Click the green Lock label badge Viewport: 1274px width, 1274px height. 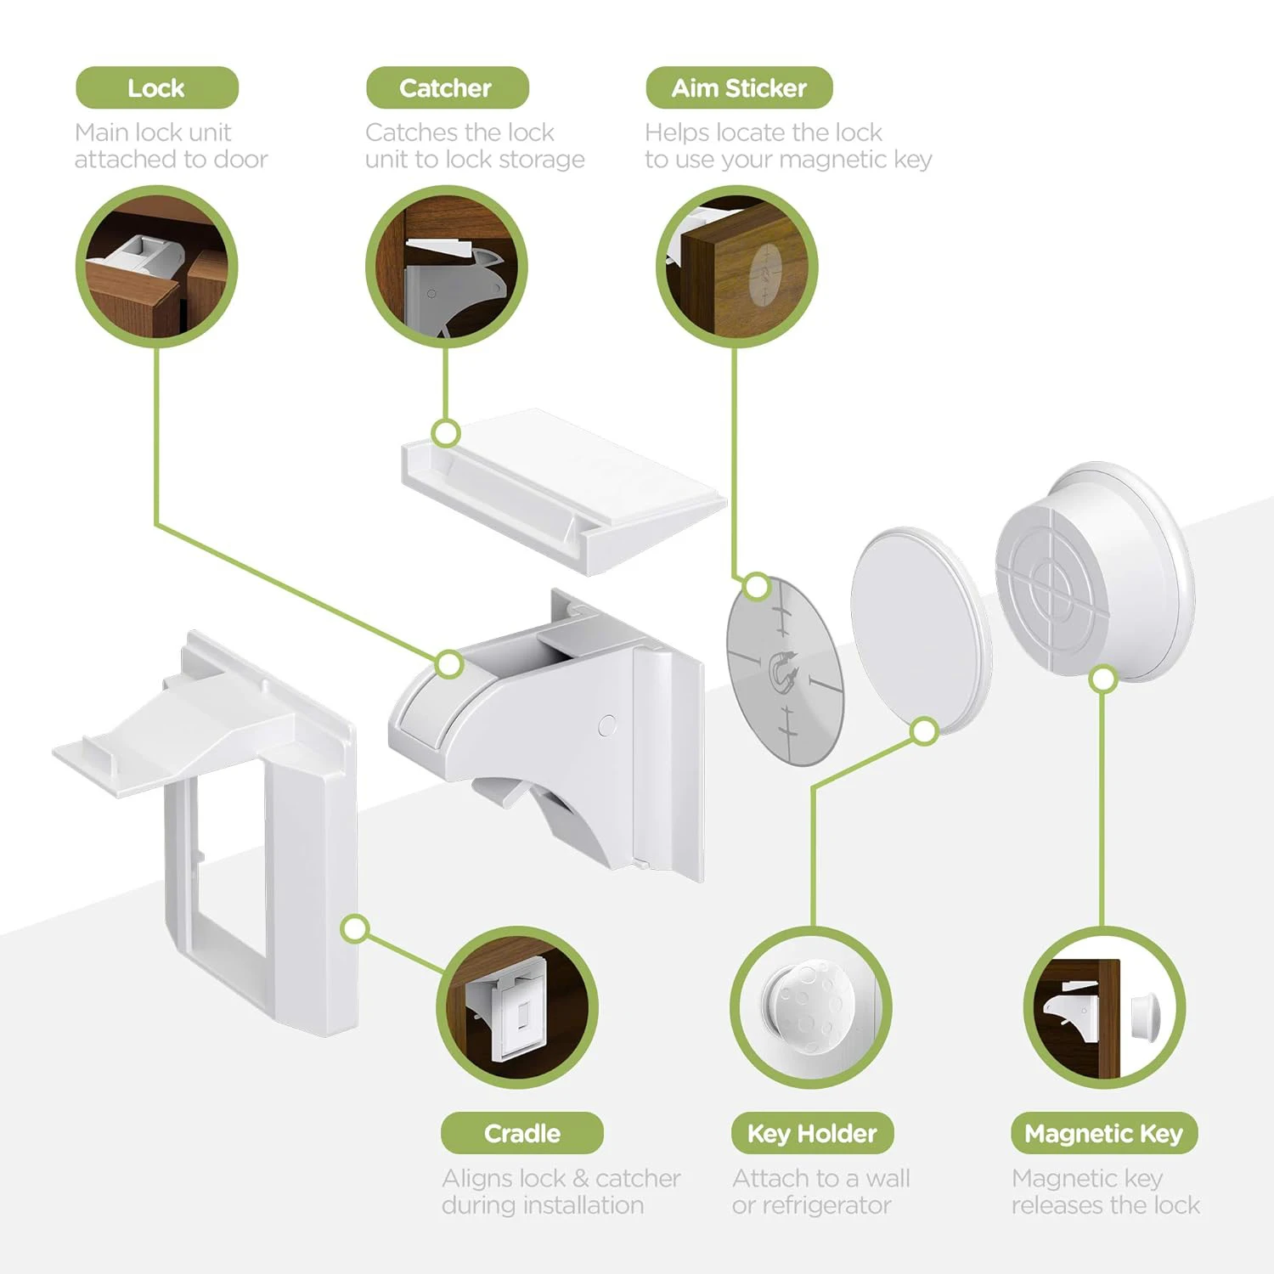pos(157,87)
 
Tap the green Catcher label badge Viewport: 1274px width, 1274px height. pos(447,87)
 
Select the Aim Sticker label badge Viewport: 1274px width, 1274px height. pos(739,87)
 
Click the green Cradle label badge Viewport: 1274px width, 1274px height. pos(521,1133)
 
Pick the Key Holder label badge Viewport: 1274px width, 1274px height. pos(812,1133)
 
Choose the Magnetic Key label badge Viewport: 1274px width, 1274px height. pos(1103,1133)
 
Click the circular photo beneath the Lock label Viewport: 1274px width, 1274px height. pos(157,267)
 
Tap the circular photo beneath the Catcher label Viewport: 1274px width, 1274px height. pos(447,267)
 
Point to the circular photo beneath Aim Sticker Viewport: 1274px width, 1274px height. pos(736,267)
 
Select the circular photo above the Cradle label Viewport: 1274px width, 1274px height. pos(517,1007)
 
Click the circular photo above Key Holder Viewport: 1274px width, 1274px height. pos(811,1007)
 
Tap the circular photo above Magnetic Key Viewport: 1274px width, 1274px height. pos(1103,1007)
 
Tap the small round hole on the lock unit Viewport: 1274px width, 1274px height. pos(607,725)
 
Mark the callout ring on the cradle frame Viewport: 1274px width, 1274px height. pos(356,928)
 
